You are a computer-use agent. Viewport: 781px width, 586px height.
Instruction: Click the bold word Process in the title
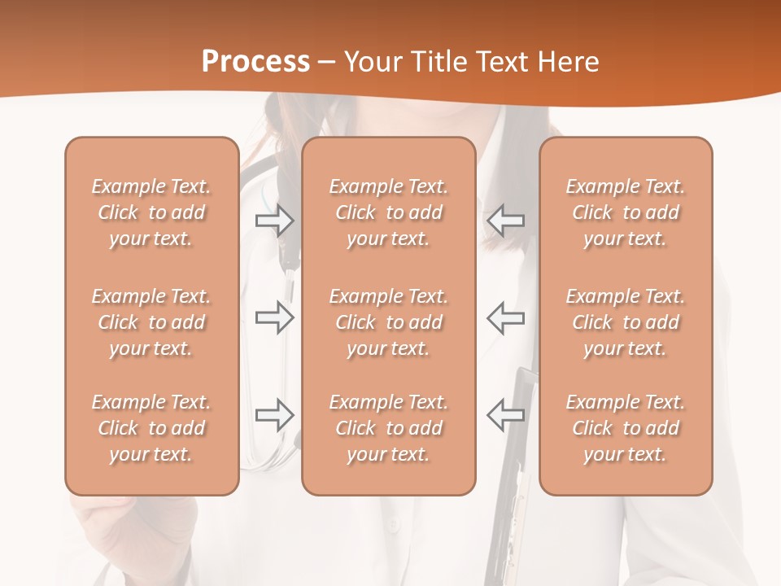(255, 62)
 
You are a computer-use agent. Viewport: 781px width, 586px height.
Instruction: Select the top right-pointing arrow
(274, 221)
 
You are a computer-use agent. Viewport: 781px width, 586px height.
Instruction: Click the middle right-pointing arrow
(274, 317)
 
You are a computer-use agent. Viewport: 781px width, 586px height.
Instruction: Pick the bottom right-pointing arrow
(274, 415)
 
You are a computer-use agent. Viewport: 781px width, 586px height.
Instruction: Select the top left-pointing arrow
(506, 221)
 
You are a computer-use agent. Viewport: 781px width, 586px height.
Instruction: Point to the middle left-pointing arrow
(506, 317)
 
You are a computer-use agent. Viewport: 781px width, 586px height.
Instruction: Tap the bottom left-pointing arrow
(506, 415)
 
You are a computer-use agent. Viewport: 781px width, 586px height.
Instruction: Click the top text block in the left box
(151, 212)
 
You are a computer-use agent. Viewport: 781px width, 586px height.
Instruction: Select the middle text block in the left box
(151, 322)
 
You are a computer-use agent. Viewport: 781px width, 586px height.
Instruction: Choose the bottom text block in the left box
(151, 428)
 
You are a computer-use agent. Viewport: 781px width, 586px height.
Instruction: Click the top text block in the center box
(389, 212)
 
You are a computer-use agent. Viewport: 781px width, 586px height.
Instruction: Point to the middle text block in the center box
(389, 322)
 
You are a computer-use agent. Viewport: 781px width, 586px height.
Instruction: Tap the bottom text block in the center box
(389, 428)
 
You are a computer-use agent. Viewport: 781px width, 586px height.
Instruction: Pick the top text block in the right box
(626, 212)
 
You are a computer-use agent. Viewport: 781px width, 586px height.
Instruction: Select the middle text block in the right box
(626, 322)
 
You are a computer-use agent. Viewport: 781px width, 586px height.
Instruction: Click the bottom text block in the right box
(626, 428)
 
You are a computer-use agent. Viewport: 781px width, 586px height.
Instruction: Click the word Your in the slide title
(370, 62)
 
